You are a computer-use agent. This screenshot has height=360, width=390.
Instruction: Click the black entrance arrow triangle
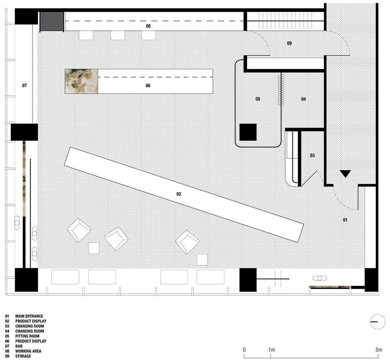coord(345,174)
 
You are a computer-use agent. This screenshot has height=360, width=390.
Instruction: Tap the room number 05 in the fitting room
coord(258,99)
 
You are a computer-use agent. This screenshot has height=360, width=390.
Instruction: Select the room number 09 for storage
coord(289,43)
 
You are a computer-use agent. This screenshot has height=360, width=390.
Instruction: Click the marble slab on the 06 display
coord(81,81)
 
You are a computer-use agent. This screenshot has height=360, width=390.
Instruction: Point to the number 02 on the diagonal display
coord(179,194)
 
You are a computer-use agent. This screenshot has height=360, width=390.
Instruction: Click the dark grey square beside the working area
coord(52,22)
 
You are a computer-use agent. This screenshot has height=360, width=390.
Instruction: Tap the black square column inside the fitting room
coord(248,132)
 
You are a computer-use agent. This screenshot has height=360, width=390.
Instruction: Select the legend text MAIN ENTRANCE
coord(29,316)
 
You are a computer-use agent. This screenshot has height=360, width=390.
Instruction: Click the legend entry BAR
coord(19,346)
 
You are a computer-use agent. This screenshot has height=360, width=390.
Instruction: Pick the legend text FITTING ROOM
coord(27,336)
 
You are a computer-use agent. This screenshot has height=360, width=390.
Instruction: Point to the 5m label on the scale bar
coord(379,349)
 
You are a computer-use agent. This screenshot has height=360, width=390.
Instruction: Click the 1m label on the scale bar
coord(272,349)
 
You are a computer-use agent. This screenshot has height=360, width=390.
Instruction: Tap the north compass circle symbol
coord(377,322)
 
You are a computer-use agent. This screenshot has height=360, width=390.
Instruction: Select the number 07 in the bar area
coord(24,86)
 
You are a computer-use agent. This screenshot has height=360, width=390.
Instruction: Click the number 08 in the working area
coord(148,26)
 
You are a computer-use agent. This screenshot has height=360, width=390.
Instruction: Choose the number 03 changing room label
coord(312,155)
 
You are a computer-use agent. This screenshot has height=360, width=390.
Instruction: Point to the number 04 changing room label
coord(303,99)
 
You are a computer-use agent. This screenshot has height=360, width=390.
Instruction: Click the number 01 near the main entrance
coord(345,220)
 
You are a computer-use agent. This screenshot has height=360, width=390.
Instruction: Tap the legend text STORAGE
coord(23,356)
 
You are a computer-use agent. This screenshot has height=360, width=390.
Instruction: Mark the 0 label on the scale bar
coord(244,349)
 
